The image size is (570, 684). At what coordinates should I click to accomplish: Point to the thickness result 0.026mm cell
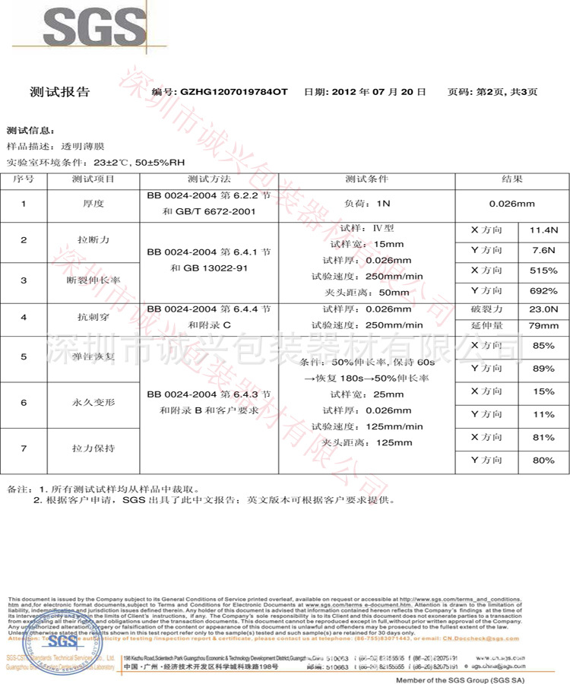coord(511,204)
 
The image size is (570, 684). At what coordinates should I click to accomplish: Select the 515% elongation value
coord(543,271)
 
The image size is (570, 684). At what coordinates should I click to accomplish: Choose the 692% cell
coord(543,291)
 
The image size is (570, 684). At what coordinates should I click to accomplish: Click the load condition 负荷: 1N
coord(366,204)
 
